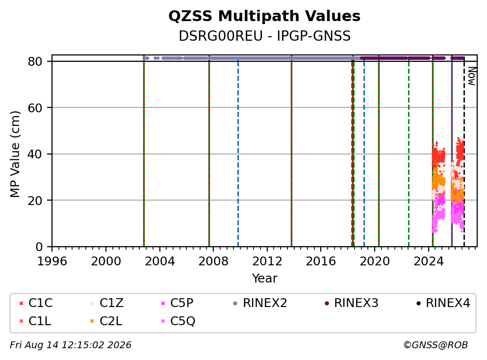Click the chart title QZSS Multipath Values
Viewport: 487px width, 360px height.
pyautogui.click(x=264, y=16)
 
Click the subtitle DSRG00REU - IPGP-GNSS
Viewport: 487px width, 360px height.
pyautogui.click(x=264, y=36)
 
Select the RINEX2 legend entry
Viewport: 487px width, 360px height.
pyautogui.click(x=260, y=303)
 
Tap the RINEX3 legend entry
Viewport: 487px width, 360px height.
pyautogui.click(x=351, y=303)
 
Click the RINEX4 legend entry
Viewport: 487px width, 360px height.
pyautogui.click(x=443, y=303)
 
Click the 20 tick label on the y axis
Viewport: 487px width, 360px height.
pyautogui.click(x=35, y=201)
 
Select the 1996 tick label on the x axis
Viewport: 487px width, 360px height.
pyautogui.click(x=52, y=261)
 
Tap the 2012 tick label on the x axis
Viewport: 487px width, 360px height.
pyautogui.click(x=267, y=261)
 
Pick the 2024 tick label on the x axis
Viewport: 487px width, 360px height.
pyautogui.click(x=429, y=261)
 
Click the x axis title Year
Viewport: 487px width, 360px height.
pyautogui.click(x=265, y=278)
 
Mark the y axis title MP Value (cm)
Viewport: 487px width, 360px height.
pyautogui.click(x=15, y=154)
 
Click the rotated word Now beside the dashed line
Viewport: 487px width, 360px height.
pyautogui.click(x=472, y=76)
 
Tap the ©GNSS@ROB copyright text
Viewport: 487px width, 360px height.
pyautogui.click(x=436, y=345)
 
